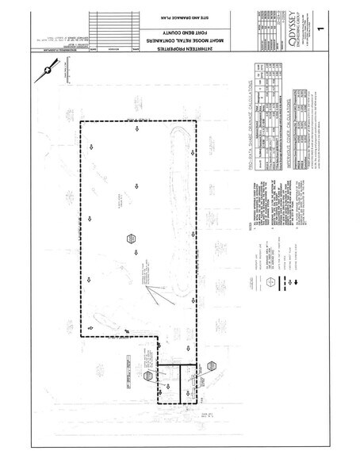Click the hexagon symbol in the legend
(x=270, y=281)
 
